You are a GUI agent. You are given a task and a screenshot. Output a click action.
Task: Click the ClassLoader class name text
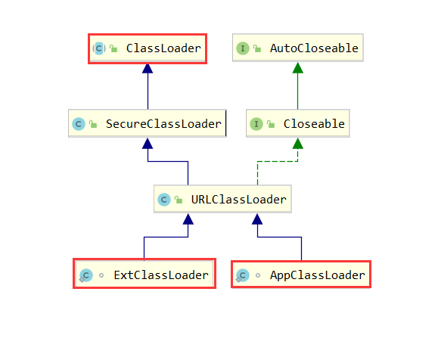(x=163, y=48)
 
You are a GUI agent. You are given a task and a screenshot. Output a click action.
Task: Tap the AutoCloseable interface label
(x=314, y=48)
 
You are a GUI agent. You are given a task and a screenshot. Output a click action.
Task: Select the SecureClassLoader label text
(x=163, y=124)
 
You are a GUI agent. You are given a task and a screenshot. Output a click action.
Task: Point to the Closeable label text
(x=314, y=124)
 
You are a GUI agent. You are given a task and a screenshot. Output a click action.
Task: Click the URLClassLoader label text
(x=238, y=200)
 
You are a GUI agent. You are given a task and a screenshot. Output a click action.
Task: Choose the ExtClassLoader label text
(x=161, y=275)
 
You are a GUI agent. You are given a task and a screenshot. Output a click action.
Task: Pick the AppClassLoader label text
(x=317, y=275)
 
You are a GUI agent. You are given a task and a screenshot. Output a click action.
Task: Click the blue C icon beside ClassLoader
(x=99, y=48)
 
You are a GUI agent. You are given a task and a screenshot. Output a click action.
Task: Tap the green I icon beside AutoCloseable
(x=243, y=48)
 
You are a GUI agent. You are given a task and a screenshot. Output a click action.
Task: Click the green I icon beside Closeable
(x=256, y=124)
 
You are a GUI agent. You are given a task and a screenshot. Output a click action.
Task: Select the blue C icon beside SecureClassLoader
(x=79, y=124)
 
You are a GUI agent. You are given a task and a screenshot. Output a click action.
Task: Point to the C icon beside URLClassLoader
(x=164, y=200)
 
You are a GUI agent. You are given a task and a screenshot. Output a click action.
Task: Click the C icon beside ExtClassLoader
(x=85, y=275)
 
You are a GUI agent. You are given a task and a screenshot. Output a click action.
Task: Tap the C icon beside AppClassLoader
(x=242, y=275)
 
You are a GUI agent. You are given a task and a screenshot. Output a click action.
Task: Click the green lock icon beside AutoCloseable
(x=257, y=48)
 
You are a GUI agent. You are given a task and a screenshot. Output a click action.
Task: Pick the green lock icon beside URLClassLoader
(x=179, y=200)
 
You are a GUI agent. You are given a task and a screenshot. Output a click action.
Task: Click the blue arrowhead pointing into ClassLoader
(x=148, y=69)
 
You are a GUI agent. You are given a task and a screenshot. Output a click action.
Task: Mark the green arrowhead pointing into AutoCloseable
(x=298, y=68)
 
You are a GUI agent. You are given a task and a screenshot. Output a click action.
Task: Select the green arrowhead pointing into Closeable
(x=298, y=144)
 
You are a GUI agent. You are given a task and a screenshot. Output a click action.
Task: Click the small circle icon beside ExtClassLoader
(x=101, y=275)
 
